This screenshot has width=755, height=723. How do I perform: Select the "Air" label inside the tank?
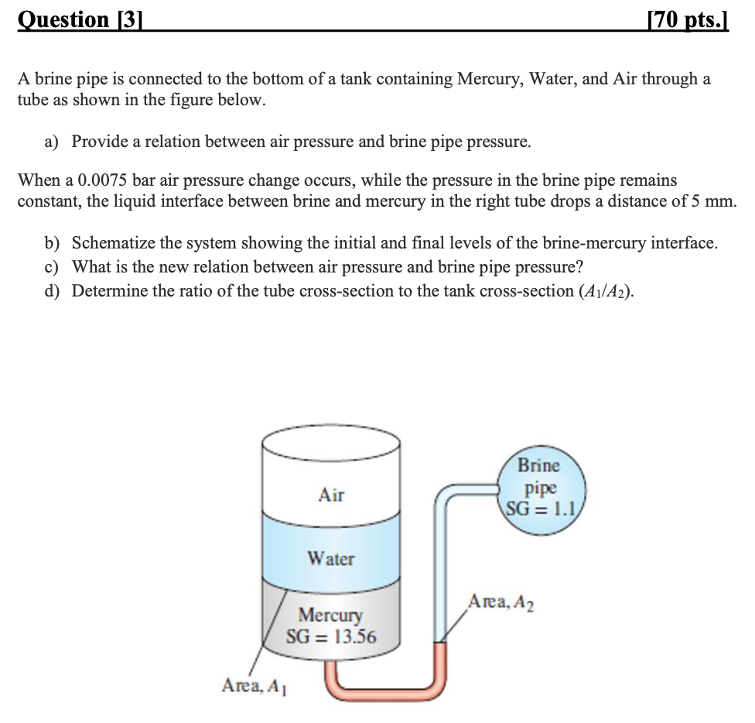(331, 495)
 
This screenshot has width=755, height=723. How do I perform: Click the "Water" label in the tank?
(330, 558)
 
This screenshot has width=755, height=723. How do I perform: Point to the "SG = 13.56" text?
(331, 637)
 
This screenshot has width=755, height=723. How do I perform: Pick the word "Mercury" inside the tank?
(330, 615)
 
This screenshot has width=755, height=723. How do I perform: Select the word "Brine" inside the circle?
(538, 466)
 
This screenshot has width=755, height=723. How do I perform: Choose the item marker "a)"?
(52, 142)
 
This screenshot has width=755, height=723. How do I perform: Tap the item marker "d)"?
(52, 291)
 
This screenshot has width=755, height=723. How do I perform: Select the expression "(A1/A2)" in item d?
(601, 292)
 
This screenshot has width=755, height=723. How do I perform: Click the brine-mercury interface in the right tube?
(439, 642)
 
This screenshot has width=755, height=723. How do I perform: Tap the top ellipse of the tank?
(331, 447)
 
